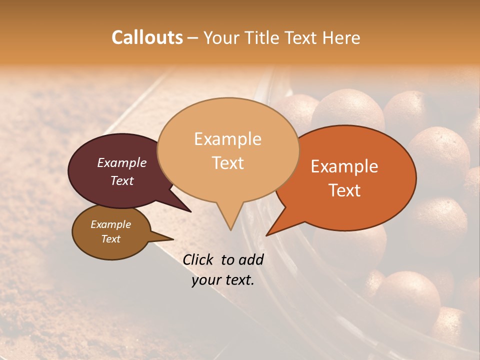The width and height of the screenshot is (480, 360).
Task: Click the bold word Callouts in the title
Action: point(147,37)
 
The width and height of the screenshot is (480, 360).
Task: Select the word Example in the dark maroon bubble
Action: point(121,162)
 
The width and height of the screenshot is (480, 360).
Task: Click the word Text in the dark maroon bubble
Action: point(121,180)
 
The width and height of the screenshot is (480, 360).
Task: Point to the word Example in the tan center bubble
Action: point(227,139)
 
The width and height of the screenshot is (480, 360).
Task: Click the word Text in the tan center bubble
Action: point(227,162)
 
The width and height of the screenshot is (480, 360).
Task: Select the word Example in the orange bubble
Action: point(344,166)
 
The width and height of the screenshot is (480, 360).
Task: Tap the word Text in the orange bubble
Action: point(344,190)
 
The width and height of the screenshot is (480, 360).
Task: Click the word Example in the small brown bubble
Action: point(110,224)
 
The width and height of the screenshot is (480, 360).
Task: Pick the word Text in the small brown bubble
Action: point(110,239)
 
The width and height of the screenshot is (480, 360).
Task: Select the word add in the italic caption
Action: point(251,259)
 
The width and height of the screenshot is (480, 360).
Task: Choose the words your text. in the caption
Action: point(223,280)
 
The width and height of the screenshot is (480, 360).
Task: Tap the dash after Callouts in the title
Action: point(193,38)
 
